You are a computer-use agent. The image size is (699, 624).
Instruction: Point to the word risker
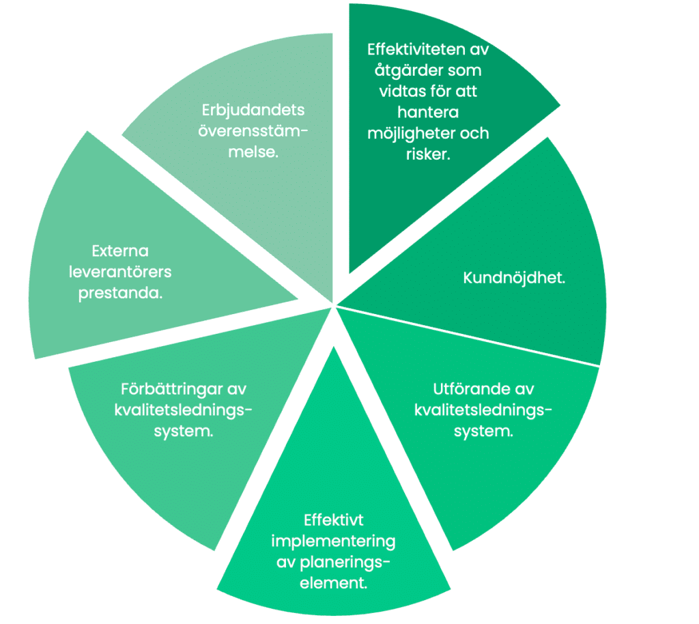point(428,154)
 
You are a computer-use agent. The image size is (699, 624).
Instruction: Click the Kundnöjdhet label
point(515,279)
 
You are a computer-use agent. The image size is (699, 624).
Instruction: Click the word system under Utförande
point(483,431)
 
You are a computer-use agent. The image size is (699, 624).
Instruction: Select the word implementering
point(333,542)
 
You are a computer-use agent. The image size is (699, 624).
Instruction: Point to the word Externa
point(119,251)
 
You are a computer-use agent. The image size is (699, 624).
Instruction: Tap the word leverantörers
point(119,272)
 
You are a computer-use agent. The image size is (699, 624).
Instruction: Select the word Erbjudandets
point(253,110)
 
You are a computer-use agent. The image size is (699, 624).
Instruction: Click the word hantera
point(428,113)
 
